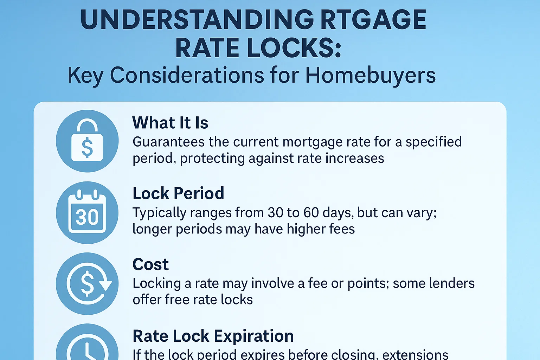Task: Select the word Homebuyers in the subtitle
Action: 370,75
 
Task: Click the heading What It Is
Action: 170,123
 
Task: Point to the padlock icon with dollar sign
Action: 87,141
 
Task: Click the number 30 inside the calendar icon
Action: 87,217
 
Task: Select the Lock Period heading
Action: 178,193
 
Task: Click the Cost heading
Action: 150,264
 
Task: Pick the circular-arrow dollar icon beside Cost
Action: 87,283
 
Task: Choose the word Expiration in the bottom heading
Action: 253,336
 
